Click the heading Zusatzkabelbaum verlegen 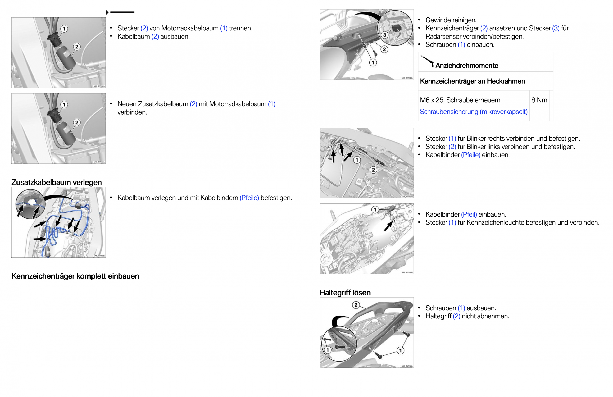(56, 182)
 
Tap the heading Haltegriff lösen (345, 292)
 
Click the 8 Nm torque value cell (539, 100)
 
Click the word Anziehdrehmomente (466, 66)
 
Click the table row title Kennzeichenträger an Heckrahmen (472, 81)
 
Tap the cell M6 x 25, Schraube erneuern (460, 100)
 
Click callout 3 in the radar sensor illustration (384, 35)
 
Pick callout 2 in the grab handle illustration (356, 305)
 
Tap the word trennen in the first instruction (241, 28)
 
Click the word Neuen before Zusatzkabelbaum (127, 104)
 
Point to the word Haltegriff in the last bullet (438, 316)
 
